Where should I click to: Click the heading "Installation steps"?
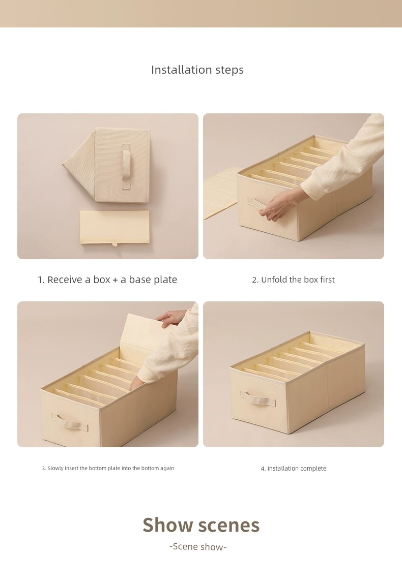(197, 70)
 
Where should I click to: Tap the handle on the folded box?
(126, 166)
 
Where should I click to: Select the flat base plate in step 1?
(114, 227)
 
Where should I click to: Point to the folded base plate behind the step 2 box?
(220, 193)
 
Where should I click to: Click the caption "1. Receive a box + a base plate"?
(107, 280)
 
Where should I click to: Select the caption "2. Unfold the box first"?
(293, 280)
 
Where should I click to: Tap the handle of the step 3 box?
(69, 421)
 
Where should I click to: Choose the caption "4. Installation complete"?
(294, 469)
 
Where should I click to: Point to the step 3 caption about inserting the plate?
(108, 469)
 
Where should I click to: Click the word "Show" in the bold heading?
(167, 524)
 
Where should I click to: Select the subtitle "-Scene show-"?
(198, 547)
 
